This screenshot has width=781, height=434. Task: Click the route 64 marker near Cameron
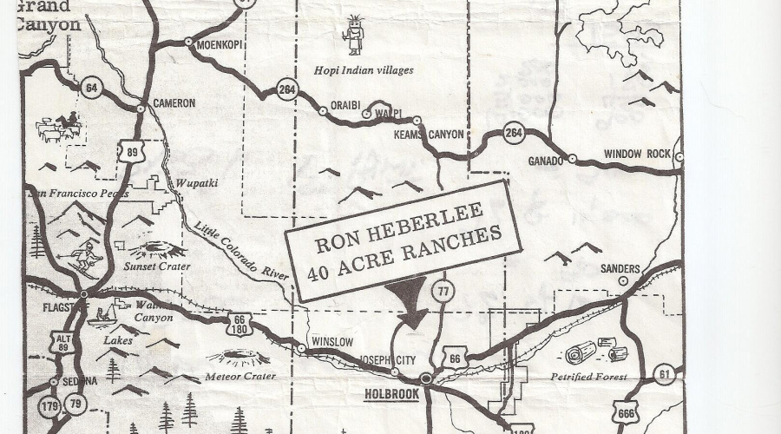91,88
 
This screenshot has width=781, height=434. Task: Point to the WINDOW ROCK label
638,154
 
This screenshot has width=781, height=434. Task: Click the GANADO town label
547,161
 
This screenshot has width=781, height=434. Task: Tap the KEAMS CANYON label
430,135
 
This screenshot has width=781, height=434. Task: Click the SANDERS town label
620,269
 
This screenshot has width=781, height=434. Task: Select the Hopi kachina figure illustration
353,35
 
